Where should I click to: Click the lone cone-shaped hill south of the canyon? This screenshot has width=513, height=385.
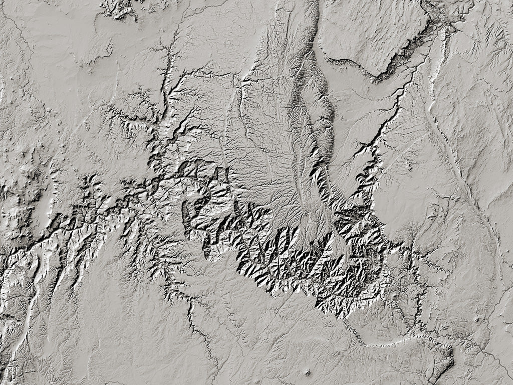(307, 372)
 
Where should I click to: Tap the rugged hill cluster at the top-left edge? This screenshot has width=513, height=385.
(119, 9)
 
